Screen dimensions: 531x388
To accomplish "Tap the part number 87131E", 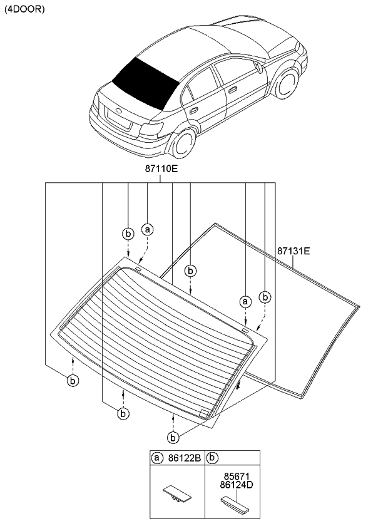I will pos(294,252).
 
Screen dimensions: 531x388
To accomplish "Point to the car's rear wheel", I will pos(184,143).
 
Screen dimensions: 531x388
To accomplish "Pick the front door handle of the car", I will pos(233,90).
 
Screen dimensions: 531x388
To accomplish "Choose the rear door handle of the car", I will pos(194,110).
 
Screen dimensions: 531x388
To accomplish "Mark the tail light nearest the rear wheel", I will pos(153,130).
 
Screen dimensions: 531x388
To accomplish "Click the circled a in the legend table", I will pos(156,458).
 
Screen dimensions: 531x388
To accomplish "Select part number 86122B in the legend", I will pos(183,458).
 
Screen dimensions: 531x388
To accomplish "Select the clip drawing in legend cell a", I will pos(177,495).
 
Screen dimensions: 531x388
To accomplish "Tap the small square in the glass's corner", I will pos(203,413).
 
